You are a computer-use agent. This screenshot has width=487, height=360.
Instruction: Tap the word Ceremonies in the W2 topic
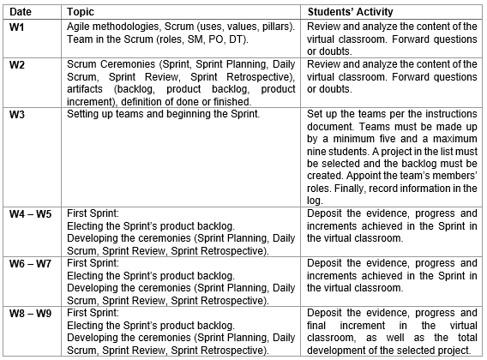pos(123,65)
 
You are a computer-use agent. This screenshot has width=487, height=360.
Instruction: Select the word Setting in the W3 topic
pos(83,114)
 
